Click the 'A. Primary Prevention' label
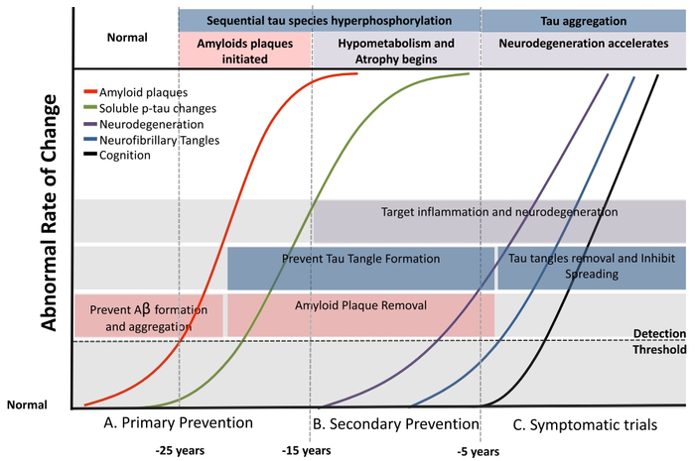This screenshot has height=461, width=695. pos(178,423)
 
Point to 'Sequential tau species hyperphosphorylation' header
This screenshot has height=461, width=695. pos(329,19)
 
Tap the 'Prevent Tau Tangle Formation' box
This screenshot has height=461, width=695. pos(361,260)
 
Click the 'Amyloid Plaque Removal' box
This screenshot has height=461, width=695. pos(360,307)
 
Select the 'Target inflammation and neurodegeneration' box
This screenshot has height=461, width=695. pos(499,212)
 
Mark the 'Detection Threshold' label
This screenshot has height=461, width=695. pos(659,341)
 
